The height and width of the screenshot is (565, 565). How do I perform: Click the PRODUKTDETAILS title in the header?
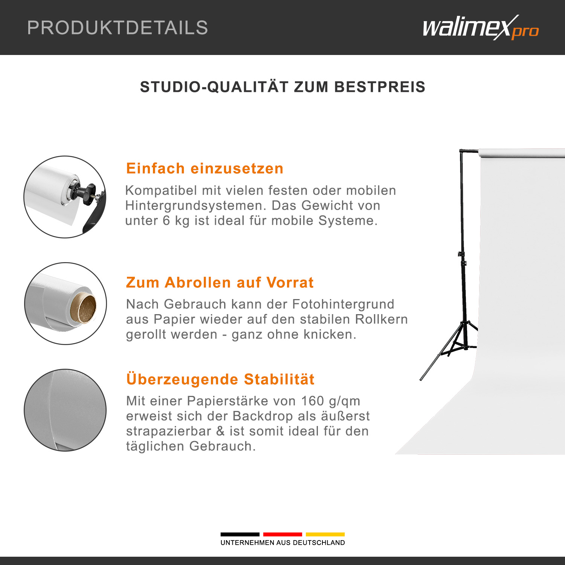(x=118, y=28)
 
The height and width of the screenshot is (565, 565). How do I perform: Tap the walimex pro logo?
(x=481, y=27)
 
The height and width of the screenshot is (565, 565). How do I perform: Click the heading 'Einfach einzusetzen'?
(x=205, y=168)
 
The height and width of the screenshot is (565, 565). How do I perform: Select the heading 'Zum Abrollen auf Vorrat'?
(x=220, y=282)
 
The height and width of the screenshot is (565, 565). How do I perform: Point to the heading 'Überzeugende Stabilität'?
(x=220, y=379)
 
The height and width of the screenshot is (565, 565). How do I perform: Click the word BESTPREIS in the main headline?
(x=380, y=87)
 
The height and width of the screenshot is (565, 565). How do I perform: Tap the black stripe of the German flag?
(x=240, y=534)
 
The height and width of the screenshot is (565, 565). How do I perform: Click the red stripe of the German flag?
(x=282, y=534)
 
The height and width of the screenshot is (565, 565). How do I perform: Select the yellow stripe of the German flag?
(x=325, y=534)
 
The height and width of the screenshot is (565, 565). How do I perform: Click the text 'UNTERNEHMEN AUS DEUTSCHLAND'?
(x=282, y=543)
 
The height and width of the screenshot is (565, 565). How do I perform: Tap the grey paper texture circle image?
(x=65, y=410)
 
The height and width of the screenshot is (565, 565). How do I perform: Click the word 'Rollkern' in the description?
(x=382, y=319)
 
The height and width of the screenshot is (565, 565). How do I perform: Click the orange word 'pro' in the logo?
(x=525, y=32)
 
